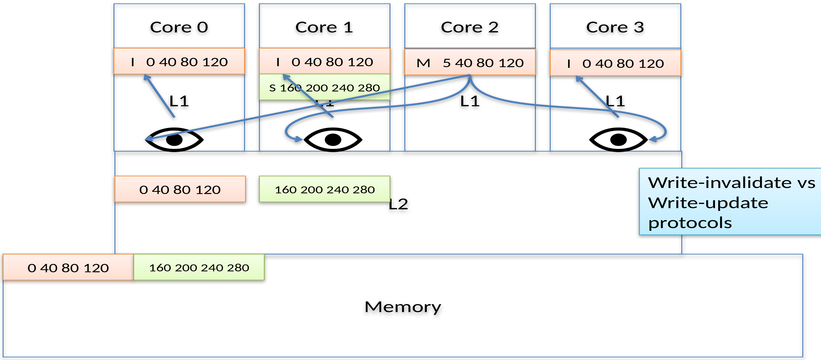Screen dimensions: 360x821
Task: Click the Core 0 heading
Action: tap(179, 27)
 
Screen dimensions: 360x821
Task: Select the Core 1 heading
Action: tap(324, 27)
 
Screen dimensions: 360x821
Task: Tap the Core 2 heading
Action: tap(470, 27)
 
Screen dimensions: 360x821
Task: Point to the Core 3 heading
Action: tap(615, 27)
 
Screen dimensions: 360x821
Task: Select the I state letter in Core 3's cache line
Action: tap(569, 64)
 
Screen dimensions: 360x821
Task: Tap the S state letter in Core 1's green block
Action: tap(272, 88)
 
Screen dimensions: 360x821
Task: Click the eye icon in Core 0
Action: tap(174, 140)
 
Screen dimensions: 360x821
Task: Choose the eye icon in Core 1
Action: tap(333, 140)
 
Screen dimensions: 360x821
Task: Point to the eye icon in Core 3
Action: tap(618, 140)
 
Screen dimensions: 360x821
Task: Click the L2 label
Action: tap(398, 204)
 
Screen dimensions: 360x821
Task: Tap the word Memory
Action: tap(403, 307)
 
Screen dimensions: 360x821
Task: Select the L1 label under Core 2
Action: tap(470, 101)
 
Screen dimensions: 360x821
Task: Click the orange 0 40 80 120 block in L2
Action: tap(180, 189)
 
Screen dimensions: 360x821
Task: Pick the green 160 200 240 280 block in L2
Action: tap(324, 189)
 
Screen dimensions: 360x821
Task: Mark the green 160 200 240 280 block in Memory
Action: tap(199, 268)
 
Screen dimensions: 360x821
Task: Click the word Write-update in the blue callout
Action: tap(708, 203)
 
